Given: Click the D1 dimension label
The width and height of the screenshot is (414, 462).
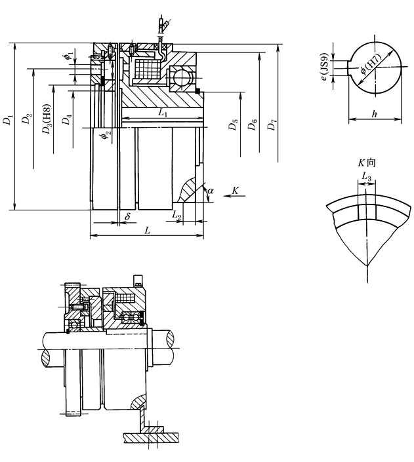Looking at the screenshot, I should click(x=7, y=121).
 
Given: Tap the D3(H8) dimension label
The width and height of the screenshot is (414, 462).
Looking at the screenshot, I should click(x=46, y=121).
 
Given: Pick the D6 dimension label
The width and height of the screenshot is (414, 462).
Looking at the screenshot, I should click(x=253, y=125).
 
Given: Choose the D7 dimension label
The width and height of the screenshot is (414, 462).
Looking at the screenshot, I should click(x=271, y=125).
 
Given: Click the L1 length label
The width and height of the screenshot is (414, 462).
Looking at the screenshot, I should click(x=163, y=113).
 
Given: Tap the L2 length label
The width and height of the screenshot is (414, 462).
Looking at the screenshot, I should click(x=176, y=214).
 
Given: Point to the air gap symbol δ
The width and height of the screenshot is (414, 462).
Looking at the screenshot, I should click(x=127, y=215).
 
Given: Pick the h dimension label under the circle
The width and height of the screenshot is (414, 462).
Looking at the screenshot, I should click(x=375, y=113).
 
